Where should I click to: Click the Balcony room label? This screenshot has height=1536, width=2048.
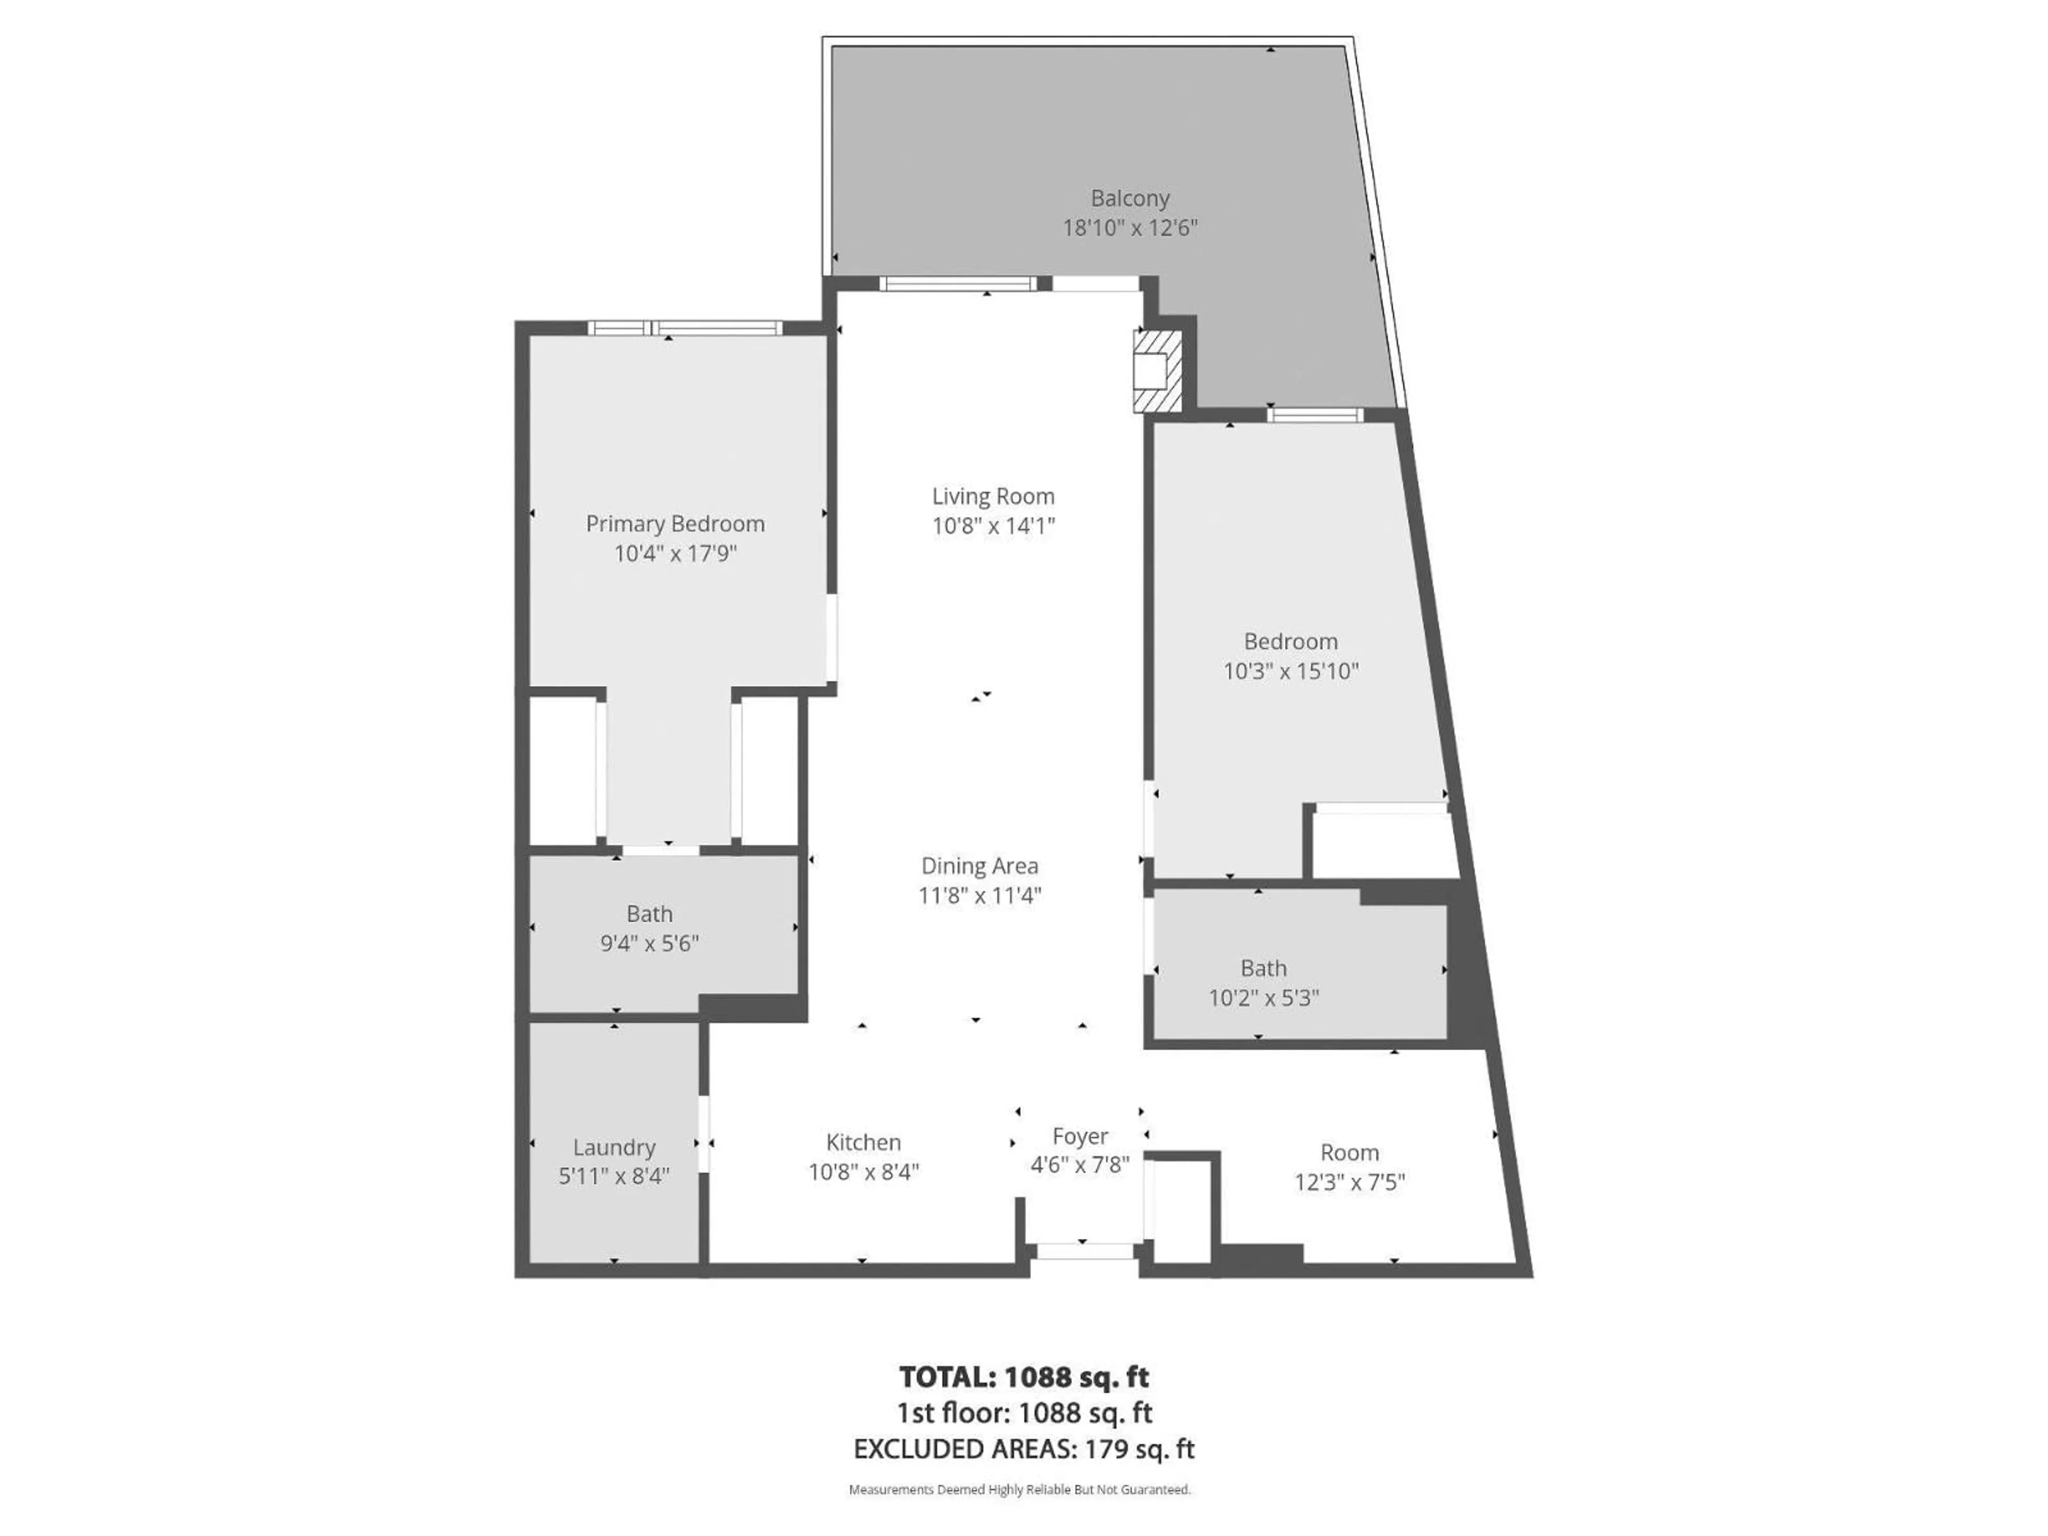pos(1130,198)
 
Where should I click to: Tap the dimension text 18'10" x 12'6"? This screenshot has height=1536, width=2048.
pos(1130,228)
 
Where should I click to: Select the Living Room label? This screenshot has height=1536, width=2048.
pos(993,496)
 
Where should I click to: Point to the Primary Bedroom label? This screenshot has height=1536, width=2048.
pos(675,524)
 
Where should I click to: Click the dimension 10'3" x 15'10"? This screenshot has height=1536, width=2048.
pos(1291,671)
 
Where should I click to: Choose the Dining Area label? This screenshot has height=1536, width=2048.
pos(980,866)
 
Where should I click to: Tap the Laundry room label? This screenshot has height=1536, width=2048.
pos(614,1147)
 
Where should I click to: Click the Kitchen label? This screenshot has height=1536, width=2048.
pos(863,1141)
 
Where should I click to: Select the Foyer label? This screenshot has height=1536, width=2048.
pos(1079,1136)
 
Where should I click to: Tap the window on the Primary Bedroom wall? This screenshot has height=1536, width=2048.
pos(685,328)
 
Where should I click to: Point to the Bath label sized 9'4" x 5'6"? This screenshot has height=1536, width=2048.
pos(649,914)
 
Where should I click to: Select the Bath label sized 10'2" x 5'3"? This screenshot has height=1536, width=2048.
pos(1263,969)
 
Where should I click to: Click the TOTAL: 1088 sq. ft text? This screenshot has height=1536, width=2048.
pos(1024,1377)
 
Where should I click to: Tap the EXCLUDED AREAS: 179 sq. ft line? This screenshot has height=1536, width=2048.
pos(1024,1449)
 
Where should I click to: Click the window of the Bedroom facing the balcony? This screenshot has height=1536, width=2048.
pos(1315,415)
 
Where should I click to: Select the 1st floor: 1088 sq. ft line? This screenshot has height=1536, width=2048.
pos(1024,1413)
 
